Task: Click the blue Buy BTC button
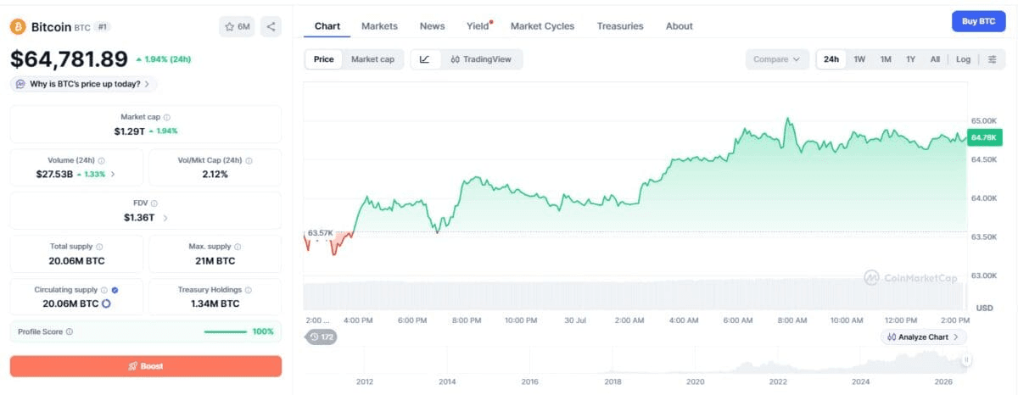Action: click(978, 21)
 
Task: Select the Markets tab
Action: click(379, 26)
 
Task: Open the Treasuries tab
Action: click(620, 26)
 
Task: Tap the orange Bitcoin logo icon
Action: click(18, 27)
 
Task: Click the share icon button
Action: click(271, 27)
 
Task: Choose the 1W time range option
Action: click(859, 59)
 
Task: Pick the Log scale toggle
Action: click(963, 59)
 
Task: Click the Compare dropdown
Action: click(777, 59)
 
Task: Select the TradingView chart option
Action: click(481, 59)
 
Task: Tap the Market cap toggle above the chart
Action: click(372, 59)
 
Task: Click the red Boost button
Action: click(146, 366)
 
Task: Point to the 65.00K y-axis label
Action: click(984, 120)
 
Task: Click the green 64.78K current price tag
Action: click(984, 137)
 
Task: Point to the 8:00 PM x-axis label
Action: click(467, 320)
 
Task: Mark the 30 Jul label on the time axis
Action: click(575, 320)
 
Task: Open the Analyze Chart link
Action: click(923, 337)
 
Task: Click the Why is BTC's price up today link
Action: click(84, 84)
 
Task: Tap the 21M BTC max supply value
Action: click(215, 261)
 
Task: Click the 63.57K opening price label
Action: click(321, 233)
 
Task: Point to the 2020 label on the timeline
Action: click(696, 381)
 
